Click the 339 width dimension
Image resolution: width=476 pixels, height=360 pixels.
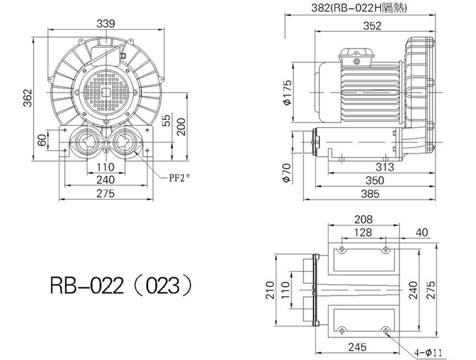pos(106,24)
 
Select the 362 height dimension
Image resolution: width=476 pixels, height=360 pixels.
pos(28,98)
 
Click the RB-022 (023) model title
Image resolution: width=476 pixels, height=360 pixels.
pos(121,286)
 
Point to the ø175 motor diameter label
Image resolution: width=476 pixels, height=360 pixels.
pos(287,93)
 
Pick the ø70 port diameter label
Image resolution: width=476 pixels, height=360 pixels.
pos(286,173)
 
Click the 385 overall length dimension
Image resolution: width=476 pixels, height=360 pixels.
pos(370,193)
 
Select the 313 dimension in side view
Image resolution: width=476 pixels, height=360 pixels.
pos(384,167)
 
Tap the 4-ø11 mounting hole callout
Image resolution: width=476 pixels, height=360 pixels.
pos(428,353)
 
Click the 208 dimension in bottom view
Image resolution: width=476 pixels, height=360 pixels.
pos(364,219)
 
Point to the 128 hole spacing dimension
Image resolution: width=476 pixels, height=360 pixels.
pos(363,232)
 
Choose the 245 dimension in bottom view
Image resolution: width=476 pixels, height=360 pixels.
pos(357,347)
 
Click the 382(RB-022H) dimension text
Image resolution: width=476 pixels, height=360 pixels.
pos(359,8)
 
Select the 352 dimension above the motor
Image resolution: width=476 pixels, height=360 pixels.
pos(372,26)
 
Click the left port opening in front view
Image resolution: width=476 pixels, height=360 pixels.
pos(87,142)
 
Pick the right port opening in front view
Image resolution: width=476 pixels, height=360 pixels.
pos(125,142)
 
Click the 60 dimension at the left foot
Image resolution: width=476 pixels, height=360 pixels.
pos(42,140)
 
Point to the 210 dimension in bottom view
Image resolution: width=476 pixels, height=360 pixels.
pos(270,290)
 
